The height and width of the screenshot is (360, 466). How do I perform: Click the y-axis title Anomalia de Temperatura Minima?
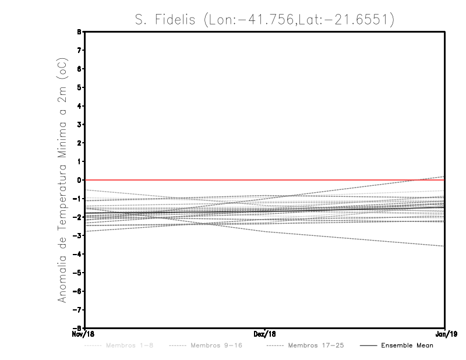click(62, 179)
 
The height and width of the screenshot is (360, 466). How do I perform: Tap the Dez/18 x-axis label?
click(265, 334)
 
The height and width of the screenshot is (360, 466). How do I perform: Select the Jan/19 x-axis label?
click(445, 334)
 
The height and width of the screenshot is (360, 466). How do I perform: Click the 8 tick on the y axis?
click(79, 32)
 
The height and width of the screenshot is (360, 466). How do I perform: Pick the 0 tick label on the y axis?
click(79, 180)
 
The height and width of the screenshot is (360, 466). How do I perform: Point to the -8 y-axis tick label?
click(77, 328)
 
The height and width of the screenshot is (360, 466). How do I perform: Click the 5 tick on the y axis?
click(79, 87)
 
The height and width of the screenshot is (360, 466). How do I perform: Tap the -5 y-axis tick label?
click(77, 273)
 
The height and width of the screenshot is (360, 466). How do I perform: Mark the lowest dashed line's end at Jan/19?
click(444, 246)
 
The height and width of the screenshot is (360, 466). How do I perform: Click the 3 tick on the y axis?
click(79, 124)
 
